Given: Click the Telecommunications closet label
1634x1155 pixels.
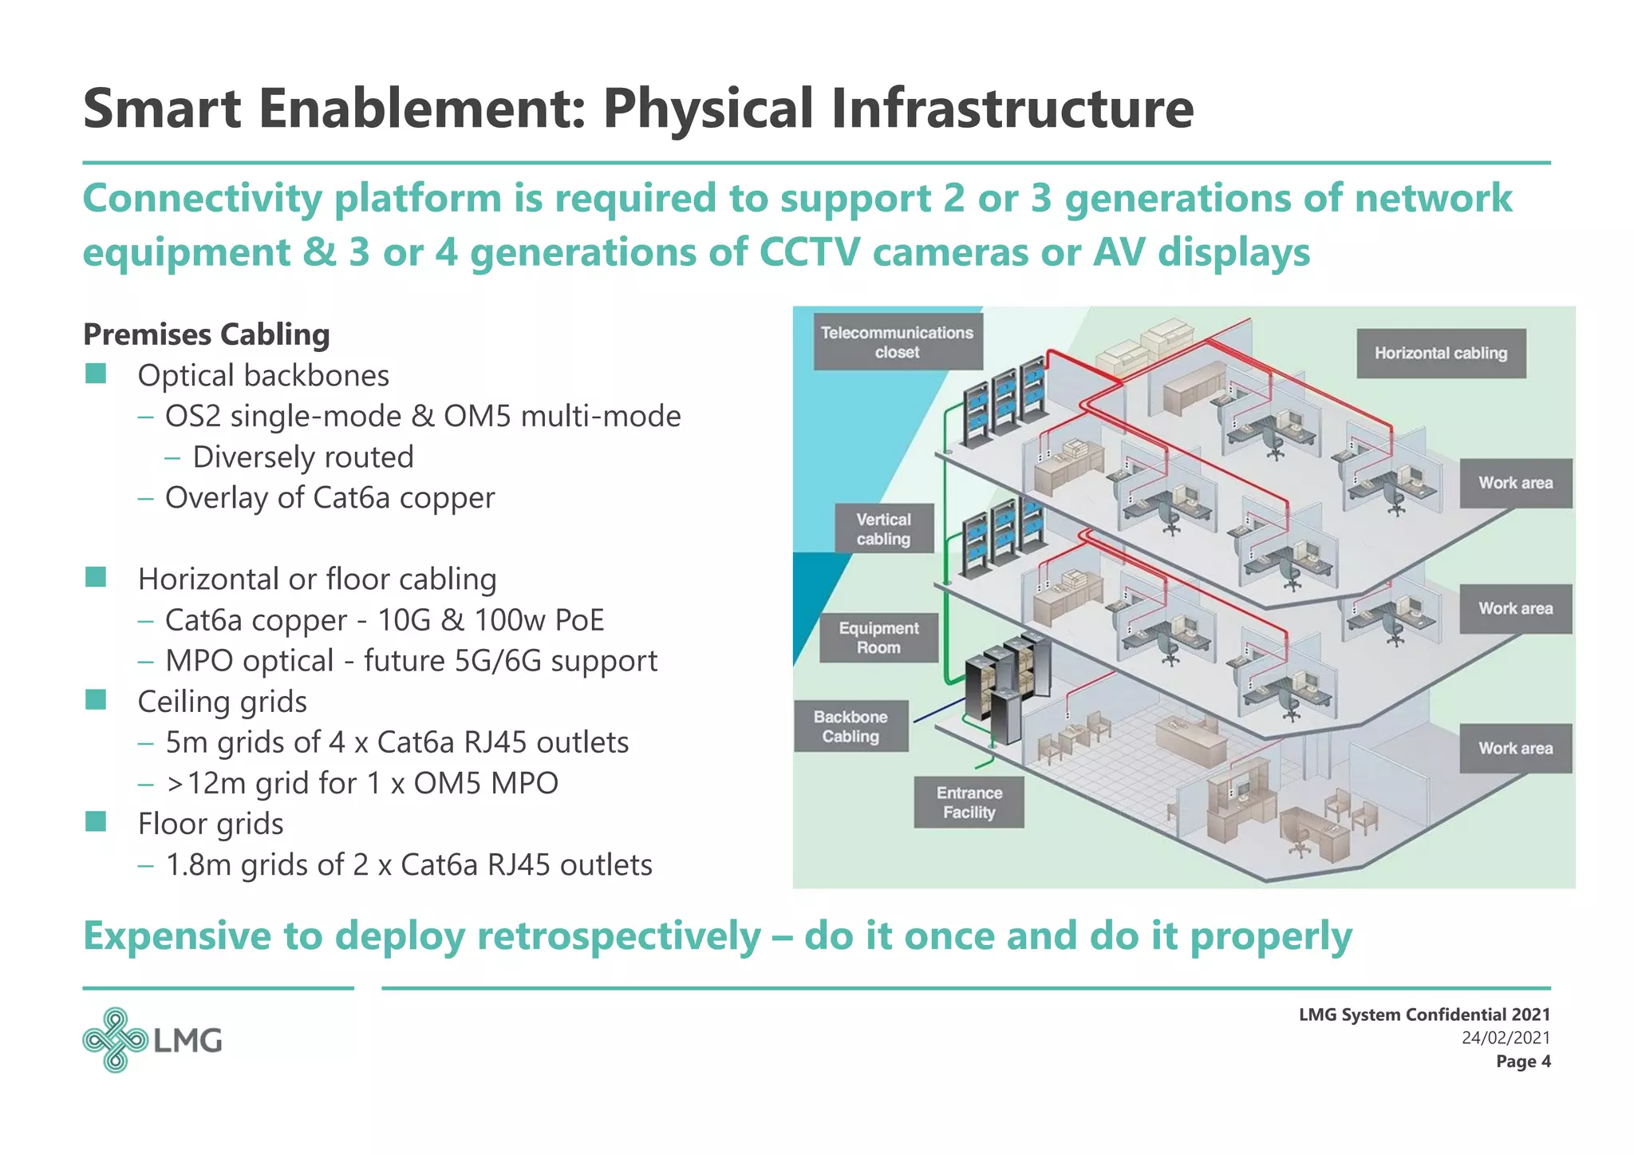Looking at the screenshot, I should [x=898, y=342].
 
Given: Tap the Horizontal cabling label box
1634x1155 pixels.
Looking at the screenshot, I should [x=1441, y=353].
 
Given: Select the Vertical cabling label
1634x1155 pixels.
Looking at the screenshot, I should [x=883, y=528].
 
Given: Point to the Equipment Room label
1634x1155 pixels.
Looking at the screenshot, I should [x=878, y=638].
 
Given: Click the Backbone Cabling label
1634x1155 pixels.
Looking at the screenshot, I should [x=851, y=726].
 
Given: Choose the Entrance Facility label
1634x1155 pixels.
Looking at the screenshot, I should [x=969, y=802].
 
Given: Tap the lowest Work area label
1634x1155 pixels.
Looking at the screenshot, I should [x=1515, y=748].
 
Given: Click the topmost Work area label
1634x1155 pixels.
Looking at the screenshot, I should [x=1515, y=483].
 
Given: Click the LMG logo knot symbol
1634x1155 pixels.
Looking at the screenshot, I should [x=115, y=1039].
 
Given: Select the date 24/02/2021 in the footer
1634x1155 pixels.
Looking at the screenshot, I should [x=1506, y=1038].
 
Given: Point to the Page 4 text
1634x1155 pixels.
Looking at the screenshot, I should [x=1522, y=1062].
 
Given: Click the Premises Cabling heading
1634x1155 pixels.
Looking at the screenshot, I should [x=206, y=334].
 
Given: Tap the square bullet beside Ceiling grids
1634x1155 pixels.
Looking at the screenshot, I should [x=96, y=700].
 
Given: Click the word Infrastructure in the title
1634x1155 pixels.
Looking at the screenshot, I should [x=1012, y=109].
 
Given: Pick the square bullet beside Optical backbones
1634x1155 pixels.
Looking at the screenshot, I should [x=96, y=374].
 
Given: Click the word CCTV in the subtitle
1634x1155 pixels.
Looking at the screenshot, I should [x=809, y=252].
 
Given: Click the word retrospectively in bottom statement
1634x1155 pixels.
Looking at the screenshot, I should [x=618, y=935].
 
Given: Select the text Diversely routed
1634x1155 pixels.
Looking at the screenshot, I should [x=303, y=457].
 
